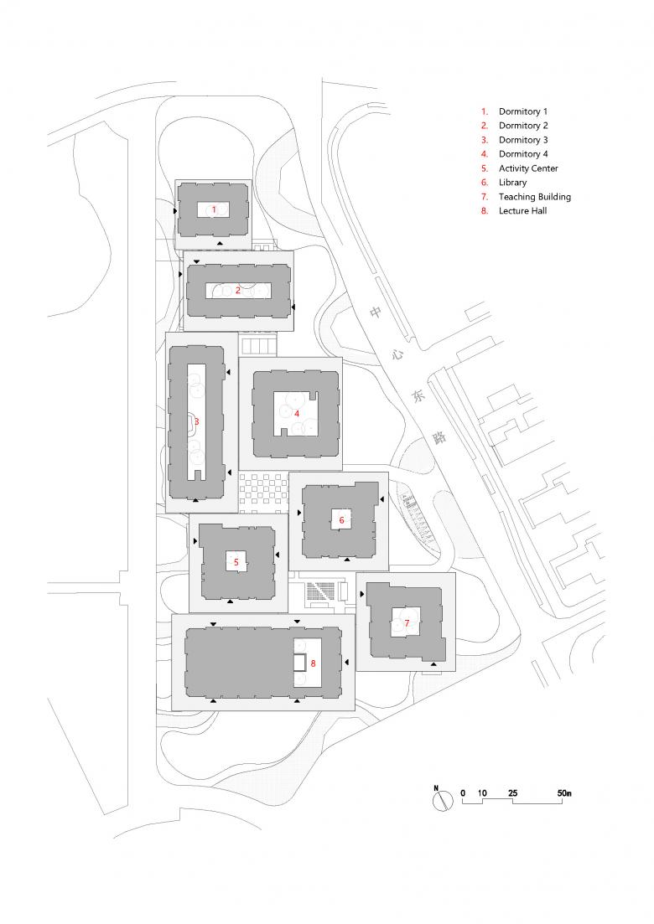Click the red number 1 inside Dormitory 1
pyautogui.click(x=214, y=209)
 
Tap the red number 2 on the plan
pyautogui.click(x=238, y=290)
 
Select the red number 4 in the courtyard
pyautogui.click(x=297, y=414)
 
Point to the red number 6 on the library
pyautogui.click(x=341, y=519)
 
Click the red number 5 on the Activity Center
pyautogui.click(x=236, y=562)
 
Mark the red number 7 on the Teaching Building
pyautogui.click(x=407, y=623)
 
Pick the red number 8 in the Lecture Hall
pyautogui.click(x=313, y=663)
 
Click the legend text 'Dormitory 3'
pyautogui.click(x=523, y=140)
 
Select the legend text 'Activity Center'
pyautogui.click(x=528, y=168)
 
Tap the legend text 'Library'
pyautogui.click(x=512, y=183)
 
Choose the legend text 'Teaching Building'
pyautogui.click(x=535, y=197)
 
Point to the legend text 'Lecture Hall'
pyautogui.click(x=522, y=211)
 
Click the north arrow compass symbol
pyautogui.click(x=439, y=800)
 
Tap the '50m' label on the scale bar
pyautogui.click(x=564, y=793)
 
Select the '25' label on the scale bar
pyautogui.click(x=512, y=793)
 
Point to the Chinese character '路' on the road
pyautogui.click(x=440, y=437)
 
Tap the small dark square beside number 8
pyautogui.click(x=301, y=663)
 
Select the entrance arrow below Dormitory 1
pyautogui.click(x=220, y=243)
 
